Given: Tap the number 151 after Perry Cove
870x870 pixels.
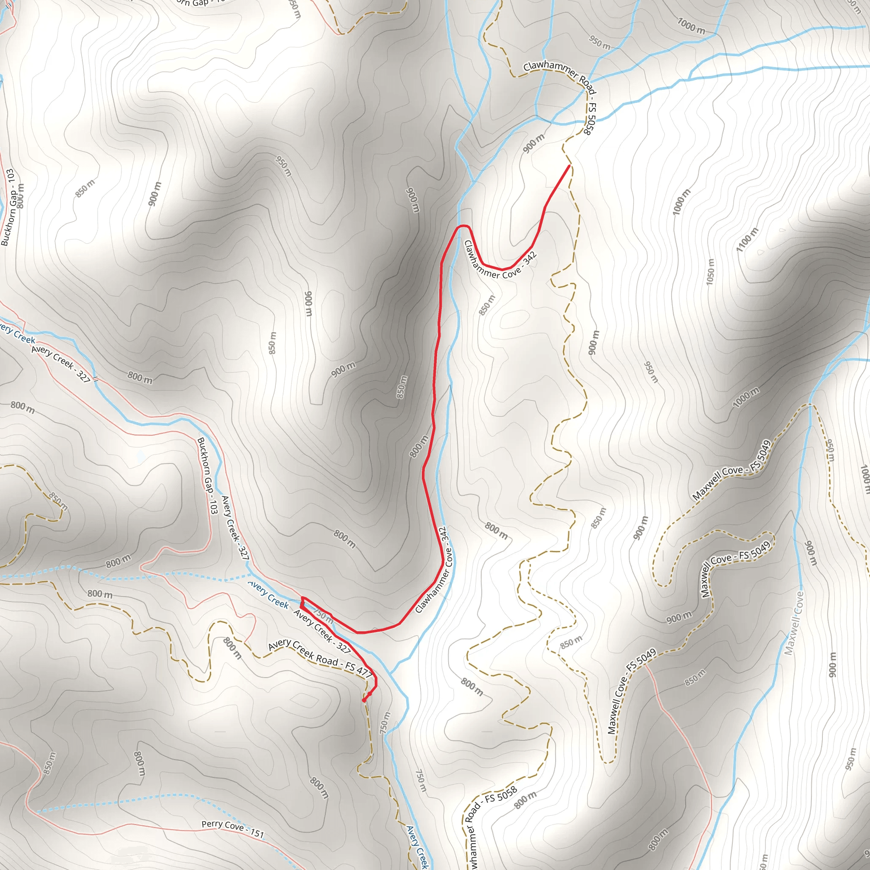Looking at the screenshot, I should coord(257,833).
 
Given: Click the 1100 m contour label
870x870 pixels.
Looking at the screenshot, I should coord(748,239).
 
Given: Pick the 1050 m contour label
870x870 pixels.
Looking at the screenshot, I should coord(710,271).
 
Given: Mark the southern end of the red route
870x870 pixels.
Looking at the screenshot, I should coord(364,700).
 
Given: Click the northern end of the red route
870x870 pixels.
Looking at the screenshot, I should coord(570,166).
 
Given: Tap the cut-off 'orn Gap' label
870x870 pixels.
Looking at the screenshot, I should coord(194,3).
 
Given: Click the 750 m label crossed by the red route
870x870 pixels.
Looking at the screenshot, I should coord(323,616).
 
